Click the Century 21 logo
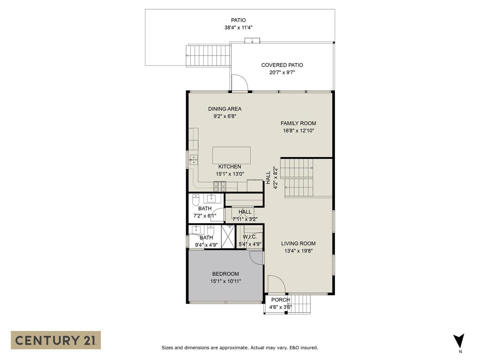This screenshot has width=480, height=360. tap(56, 340)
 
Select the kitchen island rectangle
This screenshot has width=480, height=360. tap(231, 155)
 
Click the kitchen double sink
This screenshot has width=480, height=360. tap(193, 159)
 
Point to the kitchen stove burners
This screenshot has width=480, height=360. tap(220, 184)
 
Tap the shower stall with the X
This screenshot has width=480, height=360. tap(228, 237)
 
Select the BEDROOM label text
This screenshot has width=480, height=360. tap(225, 274)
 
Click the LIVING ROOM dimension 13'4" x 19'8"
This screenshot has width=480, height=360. tap(298, 251)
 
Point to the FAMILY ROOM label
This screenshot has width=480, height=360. tap(298, 123)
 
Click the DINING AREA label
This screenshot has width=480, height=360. tap(225, 109)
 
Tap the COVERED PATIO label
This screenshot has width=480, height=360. tap(282, 65)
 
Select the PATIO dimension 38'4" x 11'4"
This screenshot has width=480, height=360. tap(238, 28)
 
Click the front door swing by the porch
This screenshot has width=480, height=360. tap(276, 284)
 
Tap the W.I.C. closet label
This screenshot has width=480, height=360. tap(250, 237)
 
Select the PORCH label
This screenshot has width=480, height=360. tap(280, 300)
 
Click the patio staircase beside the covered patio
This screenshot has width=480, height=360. tap(208, 55)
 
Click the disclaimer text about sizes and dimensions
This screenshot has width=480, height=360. tap(240, 348)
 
